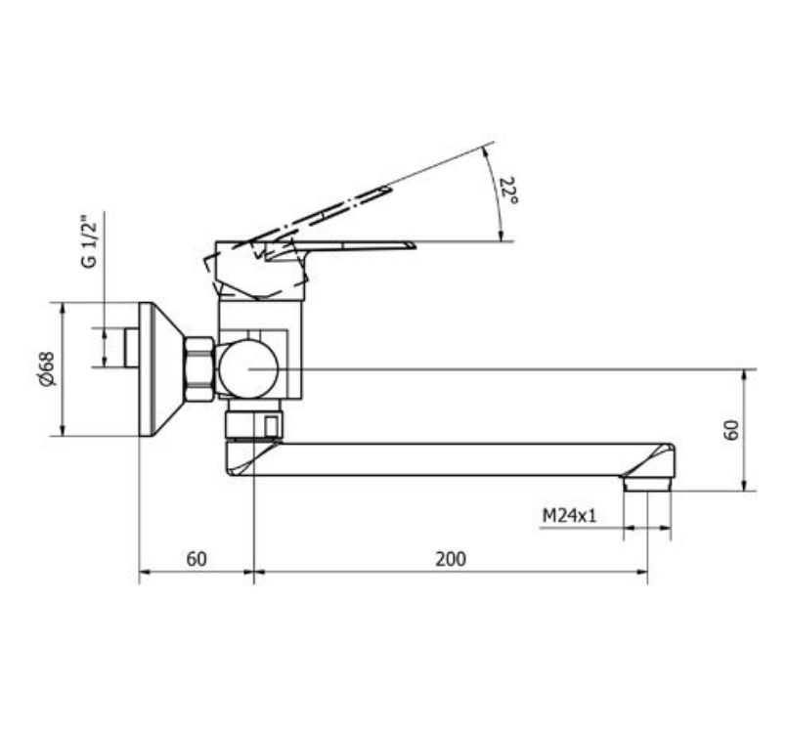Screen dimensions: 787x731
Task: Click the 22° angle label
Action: (509, 190)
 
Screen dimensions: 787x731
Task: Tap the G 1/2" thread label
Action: (90, 242)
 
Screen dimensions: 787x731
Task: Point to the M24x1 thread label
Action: (569, 515)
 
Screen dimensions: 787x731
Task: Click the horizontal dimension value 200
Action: (451, 559)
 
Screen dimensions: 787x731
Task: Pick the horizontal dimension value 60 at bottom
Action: (197, 559)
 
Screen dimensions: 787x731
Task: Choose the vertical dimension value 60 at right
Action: (731, 430)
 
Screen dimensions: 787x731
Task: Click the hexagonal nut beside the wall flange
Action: (199, 369)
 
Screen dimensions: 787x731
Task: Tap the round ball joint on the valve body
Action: (248, 369)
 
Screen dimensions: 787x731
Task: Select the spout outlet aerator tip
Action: (647, 484)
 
